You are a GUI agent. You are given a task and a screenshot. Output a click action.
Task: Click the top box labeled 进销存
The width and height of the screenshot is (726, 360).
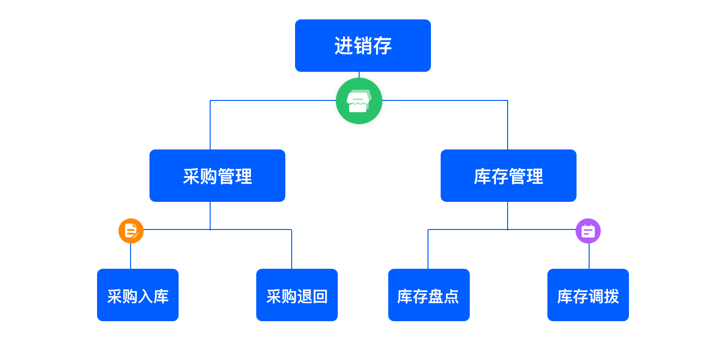click(363, 46)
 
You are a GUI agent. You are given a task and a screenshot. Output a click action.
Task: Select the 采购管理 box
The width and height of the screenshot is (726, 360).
click(217, 176)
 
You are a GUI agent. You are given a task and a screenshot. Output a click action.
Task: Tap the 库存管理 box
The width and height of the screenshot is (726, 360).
click(508, 176)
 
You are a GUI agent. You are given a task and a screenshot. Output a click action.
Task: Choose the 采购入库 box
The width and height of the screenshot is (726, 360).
click(138, 295)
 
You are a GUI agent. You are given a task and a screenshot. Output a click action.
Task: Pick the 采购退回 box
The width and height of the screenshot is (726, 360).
click(297, 295)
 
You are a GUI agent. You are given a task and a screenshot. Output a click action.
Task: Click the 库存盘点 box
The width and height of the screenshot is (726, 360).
click(429, 295)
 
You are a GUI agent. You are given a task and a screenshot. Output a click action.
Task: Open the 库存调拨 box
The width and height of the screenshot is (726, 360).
click(588, 295)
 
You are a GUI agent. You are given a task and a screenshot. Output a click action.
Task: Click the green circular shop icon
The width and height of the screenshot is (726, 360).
click(359, 101)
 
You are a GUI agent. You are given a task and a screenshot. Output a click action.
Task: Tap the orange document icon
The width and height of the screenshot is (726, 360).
click(131, 231)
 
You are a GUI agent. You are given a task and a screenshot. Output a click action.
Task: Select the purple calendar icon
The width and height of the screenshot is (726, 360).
click(588, 231)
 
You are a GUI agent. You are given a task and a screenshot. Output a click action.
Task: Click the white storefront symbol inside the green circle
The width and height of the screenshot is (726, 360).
click(359, 101)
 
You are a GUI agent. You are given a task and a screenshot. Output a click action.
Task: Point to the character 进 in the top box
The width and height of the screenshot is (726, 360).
click(343, 46)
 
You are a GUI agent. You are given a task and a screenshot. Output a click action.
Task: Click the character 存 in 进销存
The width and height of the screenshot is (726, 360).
click(383, 46)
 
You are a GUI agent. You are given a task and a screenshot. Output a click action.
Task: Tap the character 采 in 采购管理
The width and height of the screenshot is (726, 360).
click(191, 176)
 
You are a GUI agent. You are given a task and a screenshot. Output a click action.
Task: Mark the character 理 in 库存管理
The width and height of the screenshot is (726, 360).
click(535, 176)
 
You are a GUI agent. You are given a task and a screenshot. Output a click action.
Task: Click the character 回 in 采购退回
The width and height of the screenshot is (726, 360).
click(320, 296)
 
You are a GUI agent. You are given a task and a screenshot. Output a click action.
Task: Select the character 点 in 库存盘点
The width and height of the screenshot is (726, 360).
click(451, 296)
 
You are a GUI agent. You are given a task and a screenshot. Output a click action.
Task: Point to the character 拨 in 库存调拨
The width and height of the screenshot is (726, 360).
click(611, 296)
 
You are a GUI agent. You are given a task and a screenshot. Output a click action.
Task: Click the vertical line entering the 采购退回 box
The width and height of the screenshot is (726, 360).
click(292, 250)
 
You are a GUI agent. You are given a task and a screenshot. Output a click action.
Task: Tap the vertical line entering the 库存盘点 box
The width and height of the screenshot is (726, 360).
click(428, 250)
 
